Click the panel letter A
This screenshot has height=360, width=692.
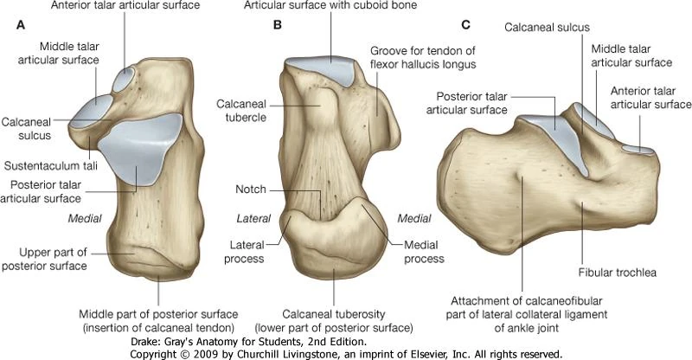point(21,25)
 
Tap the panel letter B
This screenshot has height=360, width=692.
point(278,25)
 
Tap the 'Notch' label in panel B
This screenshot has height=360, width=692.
point(251,188)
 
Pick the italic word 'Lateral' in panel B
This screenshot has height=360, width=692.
point(251,218)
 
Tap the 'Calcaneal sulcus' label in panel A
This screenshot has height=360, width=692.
point(26,128)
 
